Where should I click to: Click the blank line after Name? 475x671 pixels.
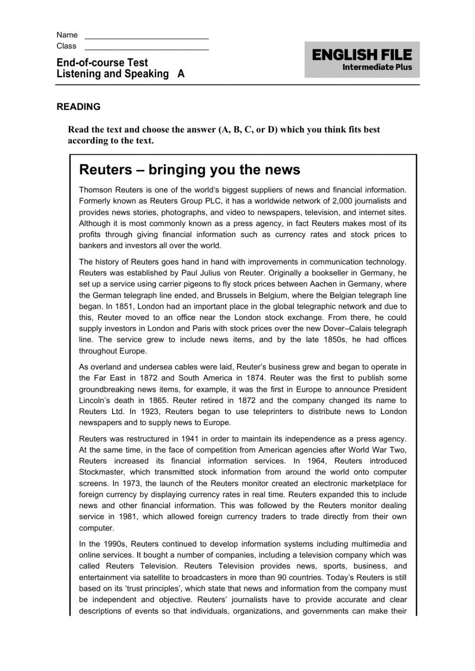146,36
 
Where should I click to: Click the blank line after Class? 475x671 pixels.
146,47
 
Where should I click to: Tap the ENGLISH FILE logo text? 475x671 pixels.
362,55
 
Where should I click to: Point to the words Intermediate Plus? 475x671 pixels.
377,67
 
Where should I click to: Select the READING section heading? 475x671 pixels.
78,107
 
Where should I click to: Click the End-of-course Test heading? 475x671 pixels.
102,63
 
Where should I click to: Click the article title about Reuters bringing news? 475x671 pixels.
190,170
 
